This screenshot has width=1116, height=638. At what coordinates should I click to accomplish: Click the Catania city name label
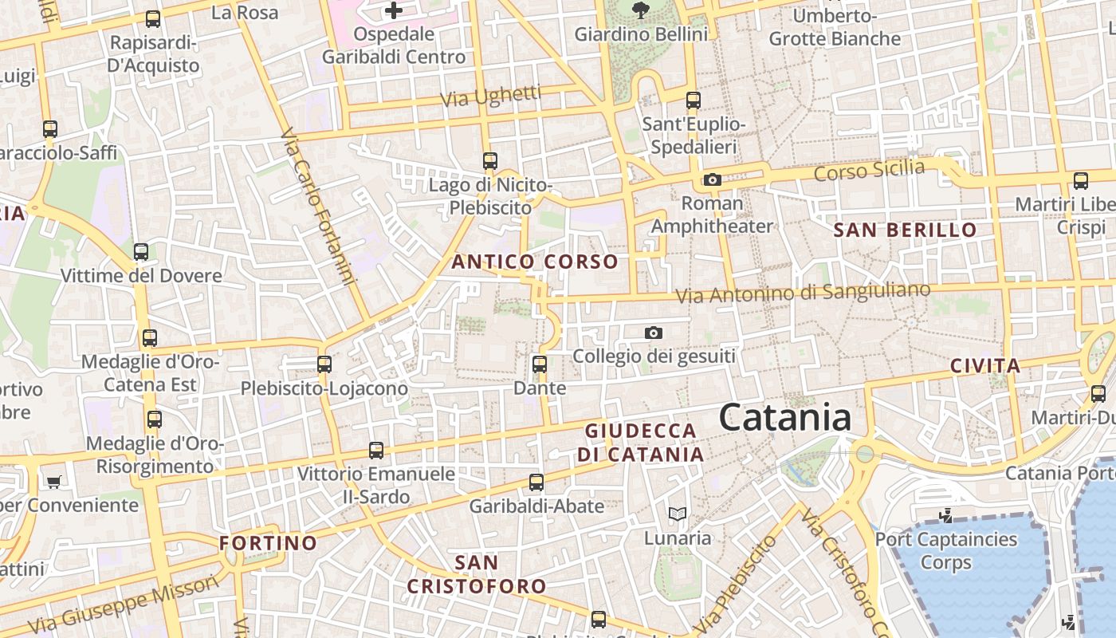[x=785, y=418]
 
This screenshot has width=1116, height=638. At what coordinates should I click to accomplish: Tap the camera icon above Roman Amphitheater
[x=713, y=180]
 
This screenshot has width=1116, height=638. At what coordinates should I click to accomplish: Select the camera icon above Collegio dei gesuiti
[x=654, y=333]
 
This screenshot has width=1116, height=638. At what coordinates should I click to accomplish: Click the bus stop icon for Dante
[x=540, y=364]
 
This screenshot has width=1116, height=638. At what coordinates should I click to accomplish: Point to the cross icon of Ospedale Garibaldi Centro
[x=394, y=10]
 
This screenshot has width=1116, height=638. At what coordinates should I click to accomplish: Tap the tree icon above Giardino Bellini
[x=639, y=10]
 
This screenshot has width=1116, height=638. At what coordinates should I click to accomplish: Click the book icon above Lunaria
[x=677, y=514]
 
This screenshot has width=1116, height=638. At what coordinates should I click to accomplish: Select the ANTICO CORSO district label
[x=535, y=262]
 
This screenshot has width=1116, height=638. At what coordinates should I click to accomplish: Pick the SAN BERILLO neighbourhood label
[x=905, y=230]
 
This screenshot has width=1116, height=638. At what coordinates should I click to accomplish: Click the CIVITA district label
[x=985, y=366]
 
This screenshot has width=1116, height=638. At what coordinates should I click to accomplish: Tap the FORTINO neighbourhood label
[x=269, y=543]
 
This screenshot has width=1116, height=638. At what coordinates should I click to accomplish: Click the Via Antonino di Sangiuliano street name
[x=803, y=293]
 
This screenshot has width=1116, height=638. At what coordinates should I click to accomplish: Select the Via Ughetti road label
[x=490, y=97]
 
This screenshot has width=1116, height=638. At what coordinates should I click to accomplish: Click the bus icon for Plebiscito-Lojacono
[x=324, y=364]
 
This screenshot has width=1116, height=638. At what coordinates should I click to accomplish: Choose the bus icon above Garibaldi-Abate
[x=536, y=482]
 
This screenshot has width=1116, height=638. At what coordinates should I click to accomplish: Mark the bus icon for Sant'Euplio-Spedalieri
[x=694, y=100]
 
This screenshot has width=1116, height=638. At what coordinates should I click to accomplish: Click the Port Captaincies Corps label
[x=946, y=550]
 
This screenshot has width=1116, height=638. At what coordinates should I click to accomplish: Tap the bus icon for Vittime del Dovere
[x=141, y=252]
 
